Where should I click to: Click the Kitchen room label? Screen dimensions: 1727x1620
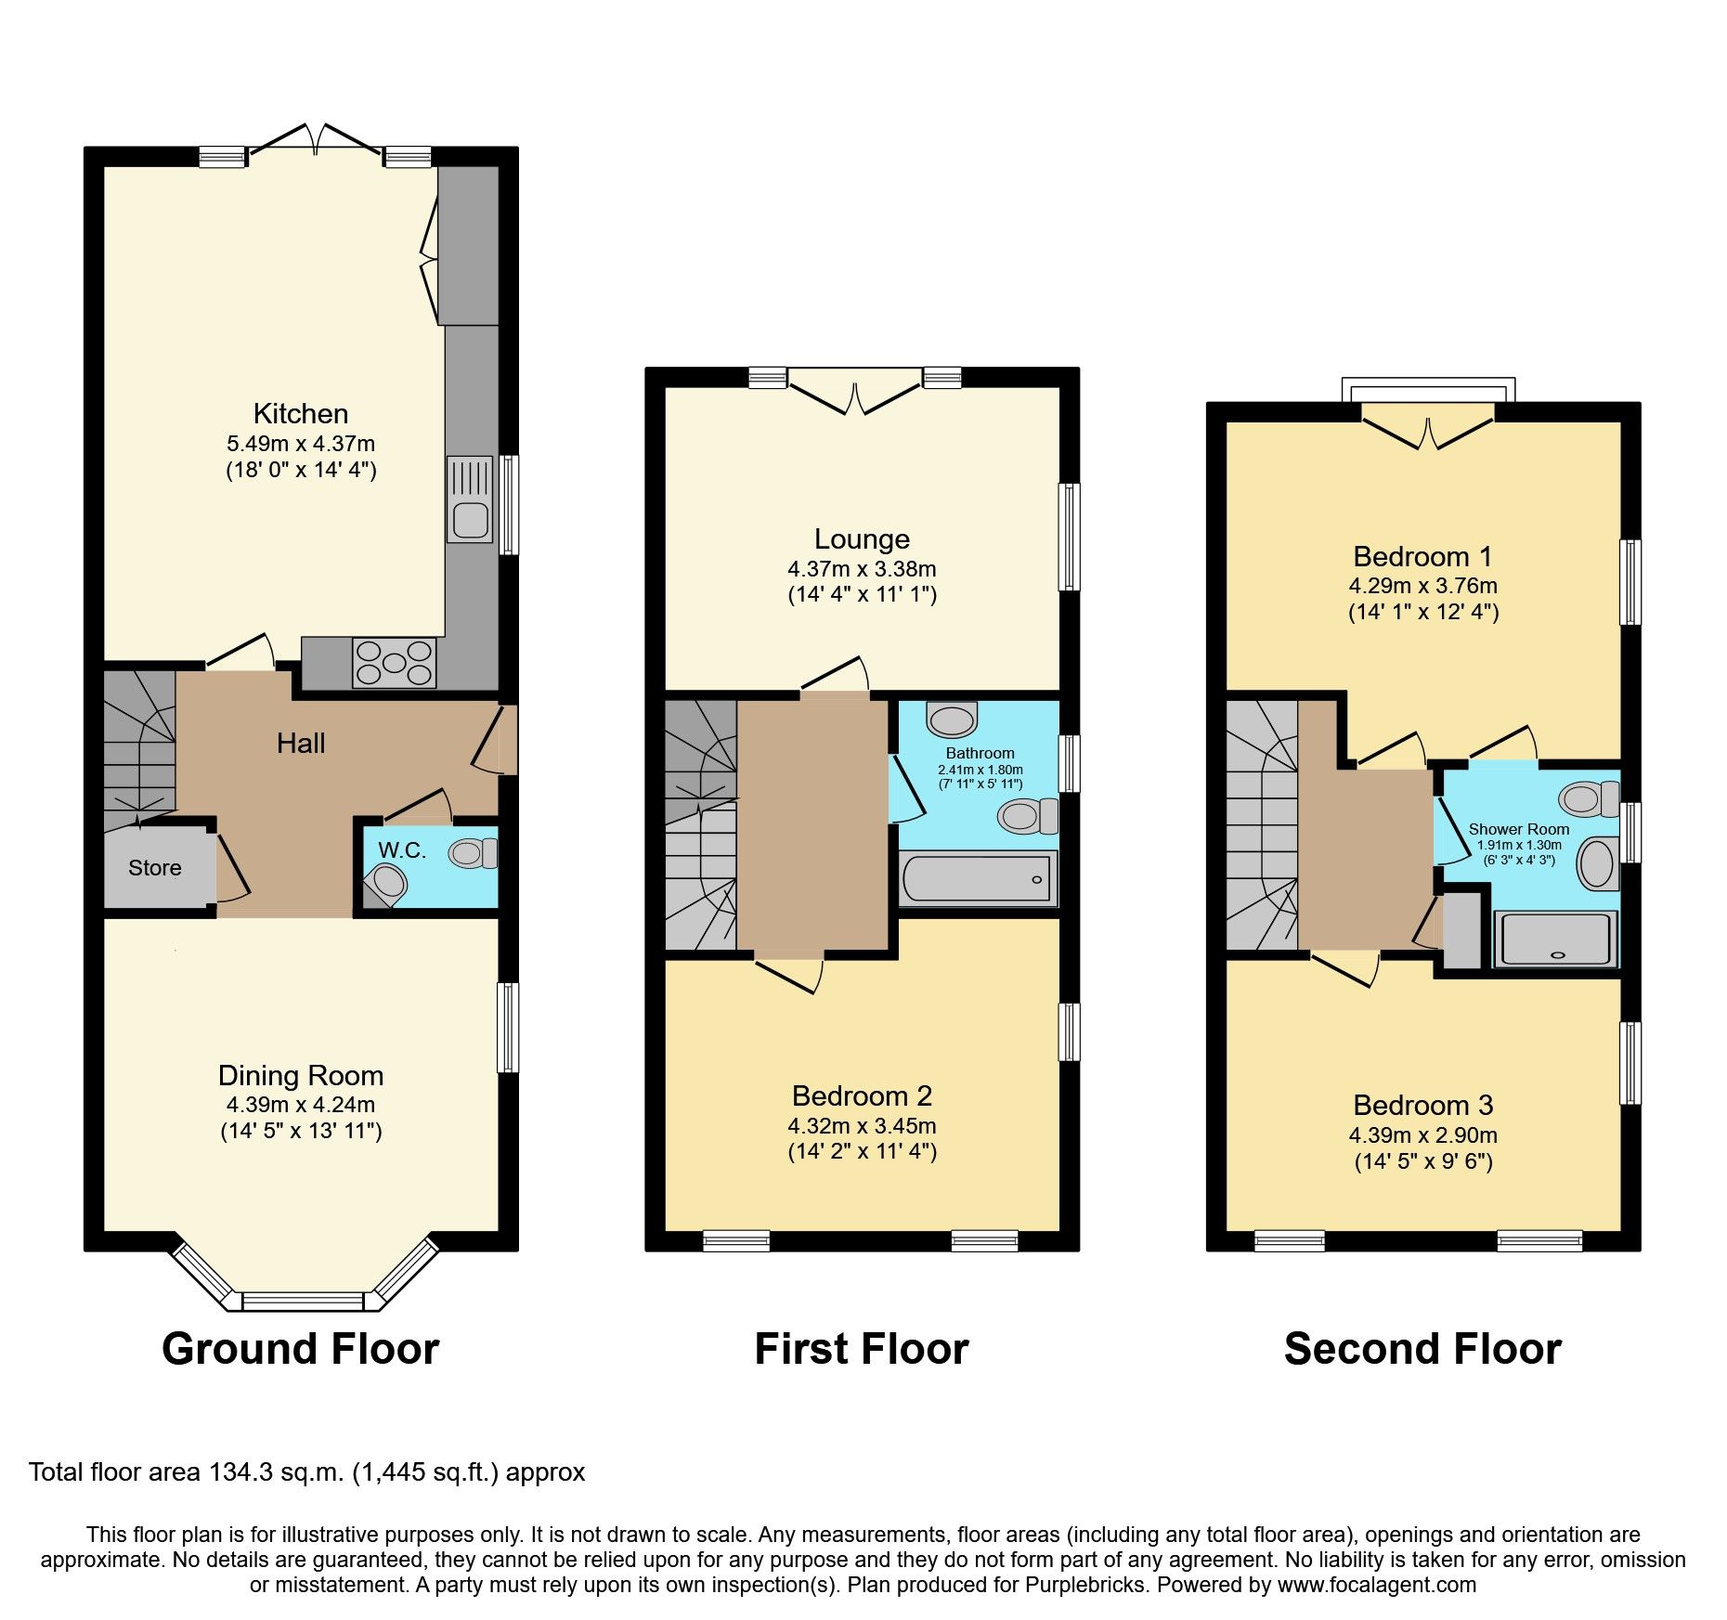301,413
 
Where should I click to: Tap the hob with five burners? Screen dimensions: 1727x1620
395,663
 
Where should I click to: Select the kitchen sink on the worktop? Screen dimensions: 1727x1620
471,499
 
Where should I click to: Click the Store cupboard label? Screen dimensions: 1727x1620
155,868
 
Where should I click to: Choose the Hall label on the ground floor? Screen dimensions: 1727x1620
301,743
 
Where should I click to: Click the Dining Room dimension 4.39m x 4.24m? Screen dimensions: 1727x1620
301,1105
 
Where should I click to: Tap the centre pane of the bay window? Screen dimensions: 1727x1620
303,1301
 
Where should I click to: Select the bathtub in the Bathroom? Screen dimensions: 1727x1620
979,878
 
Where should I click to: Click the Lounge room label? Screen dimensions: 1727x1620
862,538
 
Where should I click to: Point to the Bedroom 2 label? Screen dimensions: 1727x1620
862,1095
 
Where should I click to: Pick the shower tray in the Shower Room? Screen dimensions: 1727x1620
1555,939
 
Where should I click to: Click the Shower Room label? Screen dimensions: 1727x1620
1519,829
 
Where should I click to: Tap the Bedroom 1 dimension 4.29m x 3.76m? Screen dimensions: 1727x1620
1423,586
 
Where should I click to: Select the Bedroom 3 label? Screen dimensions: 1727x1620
1423,1105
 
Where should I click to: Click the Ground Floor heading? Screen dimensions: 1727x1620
301,1349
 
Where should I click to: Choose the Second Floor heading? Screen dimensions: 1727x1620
1423,1349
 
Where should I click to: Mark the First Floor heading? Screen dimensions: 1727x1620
862,1349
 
